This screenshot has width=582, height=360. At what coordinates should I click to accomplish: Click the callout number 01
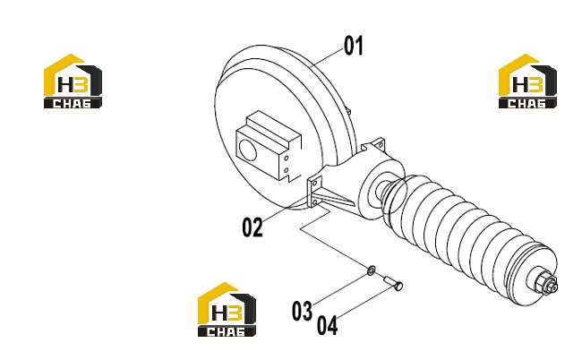(354, 46)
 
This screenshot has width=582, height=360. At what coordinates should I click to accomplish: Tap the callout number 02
(252, 227)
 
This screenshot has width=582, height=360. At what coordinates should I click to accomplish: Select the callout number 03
(302, 311)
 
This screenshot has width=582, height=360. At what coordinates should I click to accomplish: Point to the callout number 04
(328, 325)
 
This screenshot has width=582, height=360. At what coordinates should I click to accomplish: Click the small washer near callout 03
(371, 270)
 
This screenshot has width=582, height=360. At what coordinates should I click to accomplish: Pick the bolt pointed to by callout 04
(393, 283)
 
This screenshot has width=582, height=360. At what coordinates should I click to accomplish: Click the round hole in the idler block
(247, 150)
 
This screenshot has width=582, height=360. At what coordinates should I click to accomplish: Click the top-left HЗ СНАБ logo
(73, 81)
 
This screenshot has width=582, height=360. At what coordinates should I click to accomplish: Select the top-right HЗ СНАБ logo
(527, 81)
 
